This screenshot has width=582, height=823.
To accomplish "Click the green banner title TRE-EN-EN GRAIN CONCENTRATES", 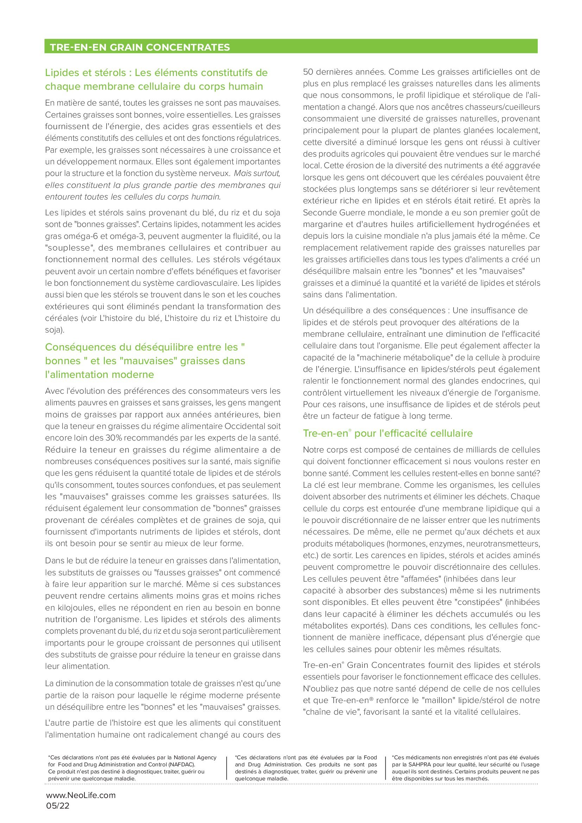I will tap(140, 47).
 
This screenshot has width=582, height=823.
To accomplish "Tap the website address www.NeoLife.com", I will tap(81, 795).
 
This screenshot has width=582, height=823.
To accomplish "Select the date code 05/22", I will tap(58, 806).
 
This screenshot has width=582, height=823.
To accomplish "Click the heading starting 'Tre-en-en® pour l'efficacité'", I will tap(388, 433).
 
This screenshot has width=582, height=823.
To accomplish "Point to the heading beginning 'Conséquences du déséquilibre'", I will tap(145, 361).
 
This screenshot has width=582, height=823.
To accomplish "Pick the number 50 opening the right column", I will tap(308, 72).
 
